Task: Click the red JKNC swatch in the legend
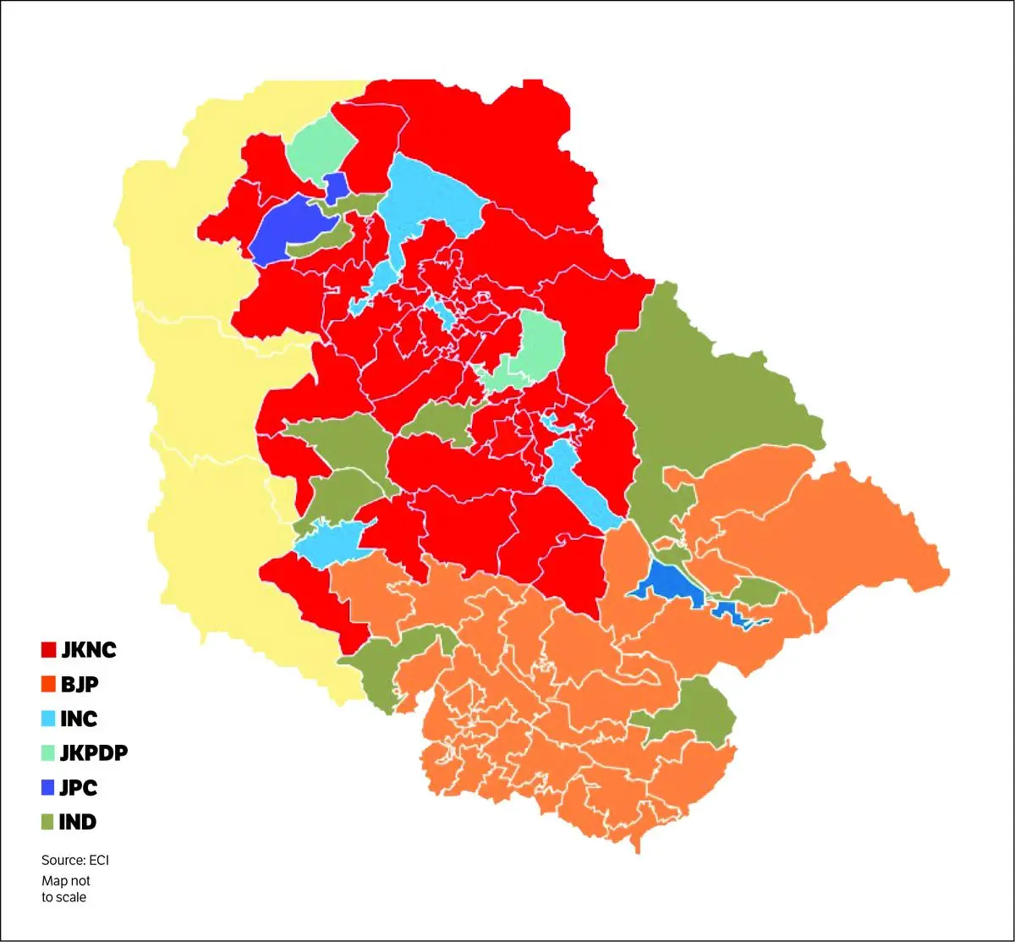click(x=48, y=650)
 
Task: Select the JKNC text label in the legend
click(x=88, y=650)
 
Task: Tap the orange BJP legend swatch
click(x=48, y=685)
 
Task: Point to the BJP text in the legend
click(x=79, y=685)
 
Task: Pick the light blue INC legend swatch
click(x=48, y=719)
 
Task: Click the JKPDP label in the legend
click(x=94, y=753)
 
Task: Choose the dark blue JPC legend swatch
click(x=48, y=788)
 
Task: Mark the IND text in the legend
click(x=78, y=822)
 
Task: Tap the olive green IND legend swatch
click(x=48, y=822)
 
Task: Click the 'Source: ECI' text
click(x=75, y=860)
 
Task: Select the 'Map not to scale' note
click(x=65, y=889)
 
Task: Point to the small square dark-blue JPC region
click(x=337, y=186)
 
